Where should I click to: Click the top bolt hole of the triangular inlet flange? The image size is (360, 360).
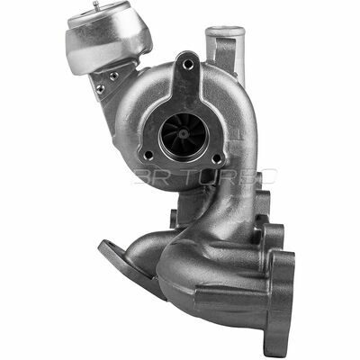187,62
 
